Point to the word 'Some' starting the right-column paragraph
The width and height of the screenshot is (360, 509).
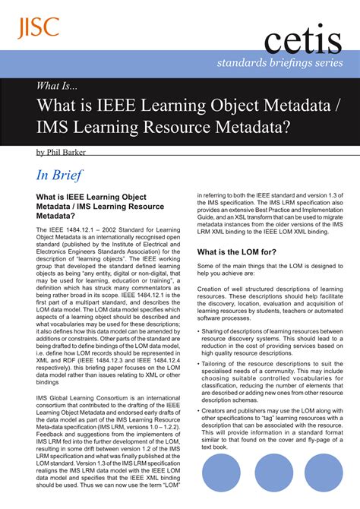(x=207, y=267)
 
